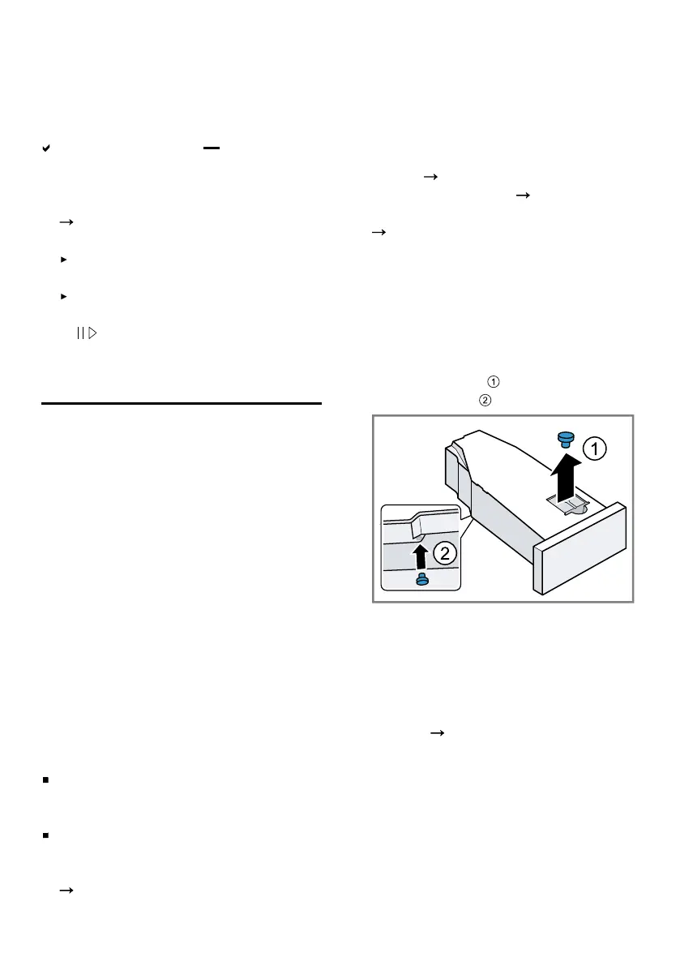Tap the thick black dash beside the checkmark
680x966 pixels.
pos(212,149)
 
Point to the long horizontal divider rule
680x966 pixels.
pos(181,402)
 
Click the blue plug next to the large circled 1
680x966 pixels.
pos(566,440)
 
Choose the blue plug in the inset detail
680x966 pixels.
pos(421,579)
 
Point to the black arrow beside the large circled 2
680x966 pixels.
pos(420,556)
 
